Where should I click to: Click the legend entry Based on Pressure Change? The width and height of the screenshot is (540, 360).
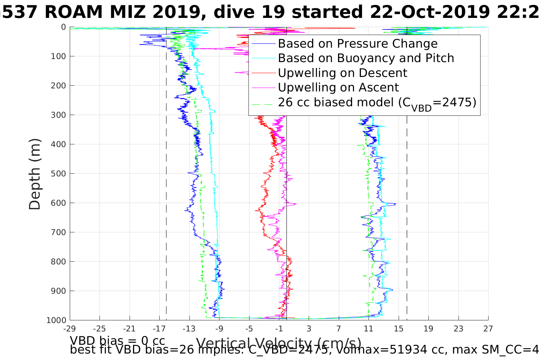tap(357, 44)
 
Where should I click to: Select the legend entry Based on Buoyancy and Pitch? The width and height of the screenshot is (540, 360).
tap(366, 58)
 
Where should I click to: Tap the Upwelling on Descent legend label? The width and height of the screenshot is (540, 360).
tap(342, 73)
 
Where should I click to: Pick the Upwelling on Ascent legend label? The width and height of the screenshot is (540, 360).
tap(338, 87)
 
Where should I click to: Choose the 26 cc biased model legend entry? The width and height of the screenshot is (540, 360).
tap(377, 102)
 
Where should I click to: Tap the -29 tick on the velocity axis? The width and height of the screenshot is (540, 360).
tap(70, 329)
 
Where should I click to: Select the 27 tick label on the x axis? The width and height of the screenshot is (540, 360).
tap(488, 329)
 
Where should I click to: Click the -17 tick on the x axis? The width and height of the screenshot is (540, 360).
tap(159, 329)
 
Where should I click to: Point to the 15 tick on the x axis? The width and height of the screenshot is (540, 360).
tap(399, 329)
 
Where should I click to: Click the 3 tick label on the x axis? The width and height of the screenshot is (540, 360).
tap(309, 329)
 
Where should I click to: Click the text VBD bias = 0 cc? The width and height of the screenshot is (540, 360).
tap(117, 340)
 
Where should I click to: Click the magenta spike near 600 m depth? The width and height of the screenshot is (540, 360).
tap(295, 205)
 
